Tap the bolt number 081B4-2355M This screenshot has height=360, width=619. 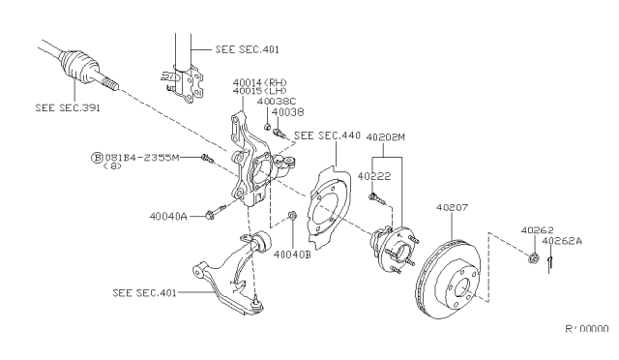(142, 156)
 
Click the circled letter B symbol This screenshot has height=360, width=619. (97, 156)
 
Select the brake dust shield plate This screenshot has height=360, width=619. (324, 204)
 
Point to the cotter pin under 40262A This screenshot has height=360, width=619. (548, 258)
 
